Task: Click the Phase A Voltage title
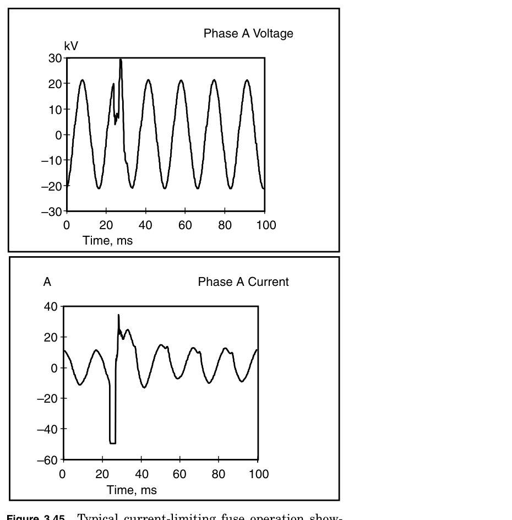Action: [x=248, y=34]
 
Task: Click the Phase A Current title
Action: [x=243, y=282]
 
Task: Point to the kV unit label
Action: [x=71, y=47]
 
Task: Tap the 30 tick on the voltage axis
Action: [x=53, y=58]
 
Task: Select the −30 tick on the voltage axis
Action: [x=51, y=211]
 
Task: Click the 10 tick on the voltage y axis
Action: [x=53, y=109]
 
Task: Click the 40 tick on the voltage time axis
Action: [x=146, y=225]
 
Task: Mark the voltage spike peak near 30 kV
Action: [x=121, y=59]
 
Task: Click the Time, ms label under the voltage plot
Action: [x=107, y=241]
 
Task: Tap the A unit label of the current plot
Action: [x=47, y=283]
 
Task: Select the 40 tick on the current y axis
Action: [x=51, y=306]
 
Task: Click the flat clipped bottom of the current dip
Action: [x=113, y=442]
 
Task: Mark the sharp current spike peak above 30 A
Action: [x=118, y=315]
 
